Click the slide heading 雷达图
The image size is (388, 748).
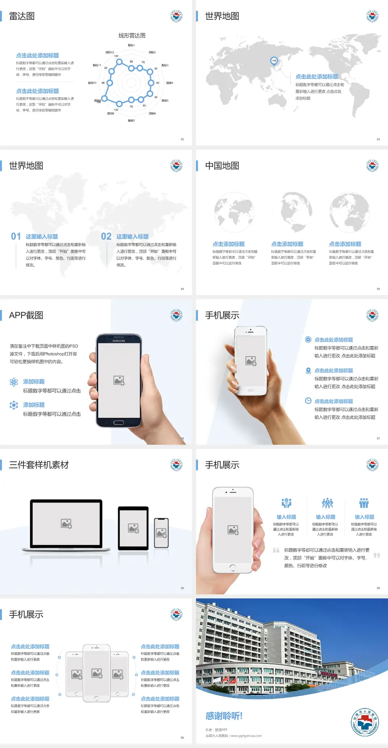(x=22, y=16)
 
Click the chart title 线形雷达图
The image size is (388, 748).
(x=132, y=36)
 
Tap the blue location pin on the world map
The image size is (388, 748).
(x=274, y=61)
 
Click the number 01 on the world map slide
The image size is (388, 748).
(x=16, y=237)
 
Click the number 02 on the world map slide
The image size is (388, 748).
(x=106, y=237)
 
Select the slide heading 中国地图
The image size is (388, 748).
(x=222, y=166)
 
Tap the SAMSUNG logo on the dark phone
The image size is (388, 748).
(x=119, y=341)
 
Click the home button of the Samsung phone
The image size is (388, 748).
(x=118, y=423)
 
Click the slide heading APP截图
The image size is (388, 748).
(x=26, y=315)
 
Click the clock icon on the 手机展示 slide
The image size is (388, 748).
(x=308, y=401)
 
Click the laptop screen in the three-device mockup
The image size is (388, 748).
(x=66, y=523)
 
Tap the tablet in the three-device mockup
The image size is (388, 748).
(x=133, y=528)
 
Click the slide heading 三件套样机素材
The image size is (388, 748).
(x=39, y=465)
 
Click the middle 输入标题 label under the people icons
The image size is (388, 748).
(x=325, y=517)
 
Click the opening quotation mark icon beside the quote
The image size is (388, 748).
(x=276, y=550)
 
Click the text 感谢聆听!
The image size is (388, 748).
(x=224, y=716)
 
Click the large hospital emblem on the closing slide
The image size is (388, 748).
(x=365, y=722)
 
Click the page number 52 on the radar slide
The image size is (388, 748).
(x=182, y=139)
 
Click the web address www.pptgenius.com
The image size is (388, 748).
(x=246, y=736)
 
